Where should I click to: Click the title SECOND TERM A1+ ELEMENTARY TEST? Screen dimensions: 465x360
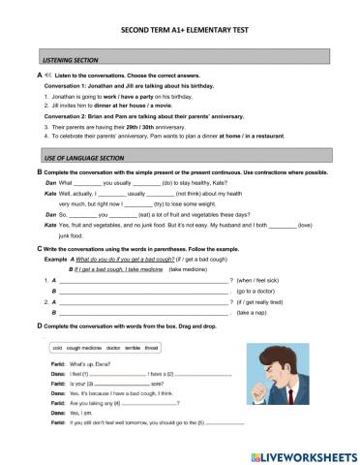[179, 30]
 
